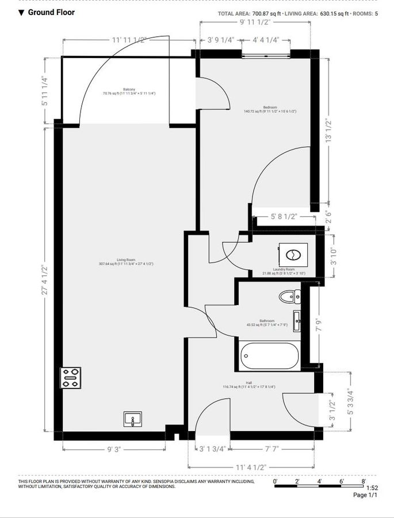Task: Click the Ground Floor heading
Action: coord(51,12)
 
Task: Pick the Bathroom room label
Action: coord(266,322)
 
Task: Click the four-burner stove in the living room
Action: coord(71,378)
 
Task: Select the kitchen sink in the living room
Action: coord(133,419)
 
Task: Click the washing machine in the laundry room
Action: coord(293,253)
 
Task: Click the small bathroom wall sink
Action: coord(297,321)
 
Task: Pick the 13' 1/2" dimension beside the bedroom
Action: coord(329,132)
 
